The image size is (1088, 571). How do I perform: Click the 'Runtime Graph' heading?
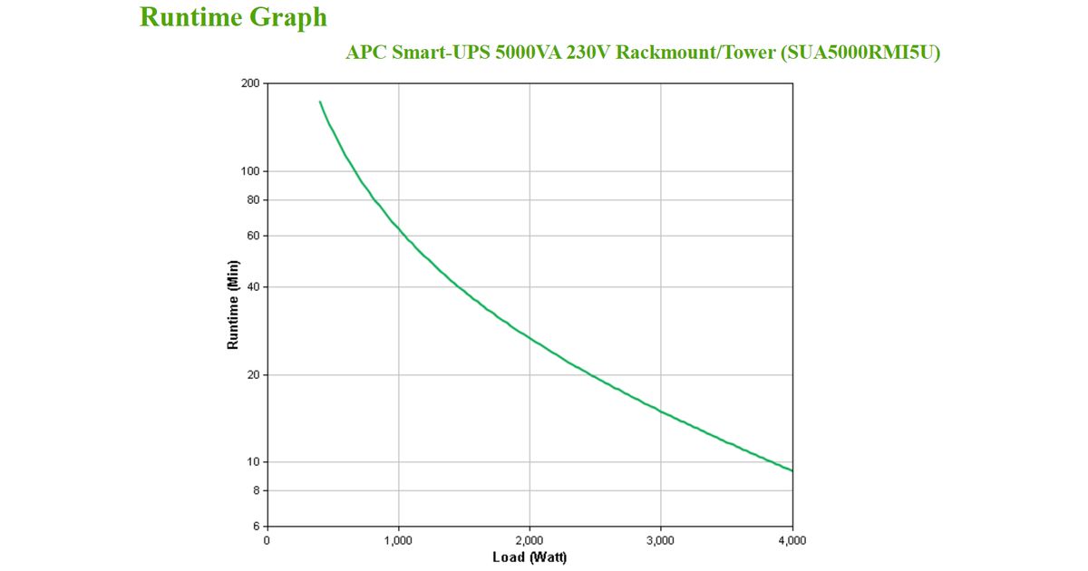(x=233, y=17)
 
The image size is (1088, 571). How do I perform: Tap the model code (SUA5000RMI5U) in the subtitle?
(x=860, y=53)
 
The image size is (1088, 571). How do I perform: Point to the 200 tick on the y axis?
(x=249, y=83)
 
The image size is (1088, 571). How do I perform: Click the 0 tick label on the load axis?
(x=267, y=540)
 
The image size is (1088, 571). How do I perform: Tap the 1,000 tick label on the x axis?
(x=398, y=540)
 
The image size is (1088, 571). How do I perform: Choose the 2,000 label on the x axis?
(x=529, y=540)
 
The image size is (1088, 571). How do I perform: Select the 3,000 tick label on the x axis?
(x=660, y=540)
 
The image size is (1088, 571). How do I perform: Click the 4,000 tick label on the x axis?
(x=792, y=540)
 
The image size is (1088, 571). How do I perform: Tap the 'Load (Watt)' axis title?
(x=529, y=556)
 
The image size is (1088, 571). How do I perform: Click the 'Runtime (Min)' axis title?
(x=233, y=305)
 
